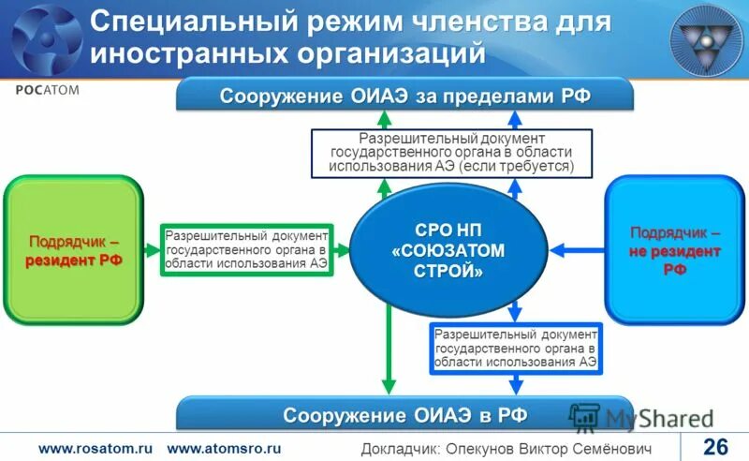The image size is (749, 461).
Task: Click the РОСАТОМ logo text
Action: point(47,90)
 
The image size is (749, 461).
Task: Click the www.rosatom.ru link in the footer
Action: point(95,448)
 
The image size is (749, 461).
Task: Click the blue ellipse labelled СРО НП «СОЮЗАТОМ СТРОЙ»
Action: point(448,251)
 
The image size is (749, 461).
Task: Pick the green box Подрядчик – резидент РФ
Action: point(74,250)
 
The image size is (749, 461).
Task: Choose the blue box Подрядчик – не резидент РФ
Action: point(675,250)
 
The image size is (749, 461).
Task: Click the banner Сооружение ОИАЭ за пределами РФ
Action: point(404,97)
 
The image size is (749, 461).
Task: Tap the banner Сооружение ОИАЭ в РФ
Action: point(404,414)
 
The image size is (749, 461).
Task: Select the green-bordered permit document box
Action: point(246,250)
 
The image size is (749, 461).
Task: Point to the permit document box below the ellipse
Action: point(515,348)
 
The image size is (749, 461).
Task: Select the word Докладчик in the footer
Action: point(398,448)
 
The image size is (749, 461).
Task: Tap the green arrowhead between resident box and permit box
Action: point(152,250)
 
